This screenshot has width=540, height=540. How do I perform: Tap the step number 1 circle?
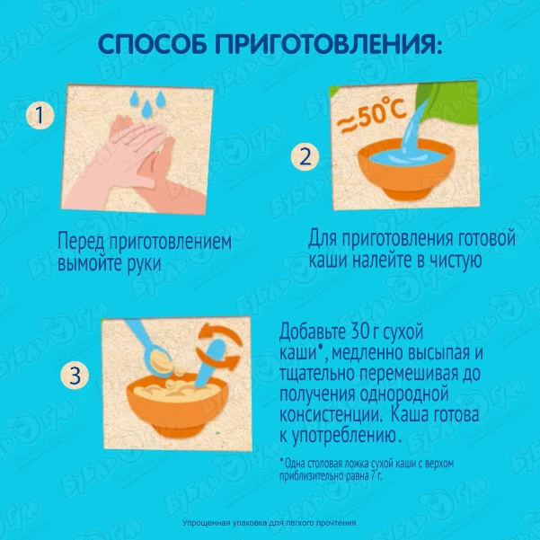40,115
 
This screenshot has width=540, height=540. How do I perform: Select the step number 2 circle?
305,157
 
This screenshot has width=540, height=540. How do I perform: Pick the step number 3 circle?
75,375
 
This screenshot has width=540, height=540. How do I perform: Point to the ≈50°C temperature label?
372,115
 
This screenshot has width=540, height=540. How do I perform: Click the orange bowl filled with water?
406,170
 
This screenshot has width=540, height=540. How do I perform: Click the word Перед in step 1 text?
81,241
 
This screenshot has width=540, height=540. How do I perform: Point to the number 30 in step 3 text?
351,332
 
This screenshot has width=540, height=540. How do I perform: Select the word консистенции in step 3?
331,415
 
